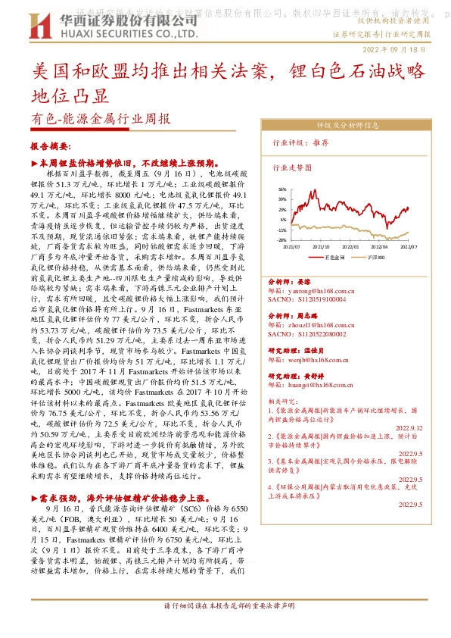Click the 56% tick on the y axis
click(x=281, y=189)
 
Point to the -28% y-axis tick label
click(x=281, y=239)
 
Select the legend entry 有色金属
click(x=336, y=258)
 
